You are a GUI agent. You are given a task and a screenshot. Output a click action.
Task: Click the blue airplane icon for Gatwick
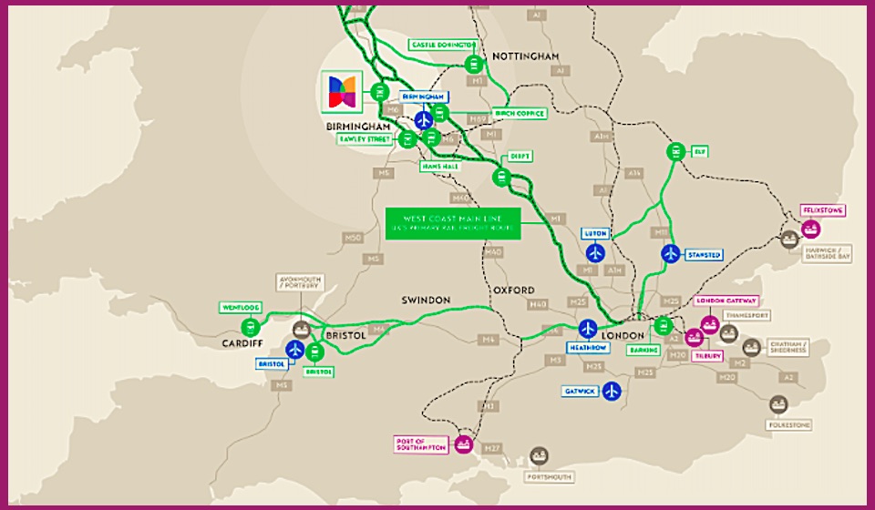point(612,392)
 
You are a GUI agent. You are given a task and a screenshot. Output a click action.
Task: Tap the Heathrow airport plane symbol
point(588,329)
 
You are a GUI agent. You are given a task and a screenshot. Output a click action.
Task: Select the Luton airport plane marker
point(595,252)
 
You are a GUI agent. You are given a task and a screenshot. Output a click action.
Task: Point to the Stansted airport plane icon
point(670,253)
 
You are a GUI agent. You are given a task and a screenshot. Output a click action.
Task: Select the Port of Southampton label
point(421,444)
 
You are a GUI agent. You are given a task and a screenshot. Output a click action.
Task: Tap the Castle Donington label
point(443,45)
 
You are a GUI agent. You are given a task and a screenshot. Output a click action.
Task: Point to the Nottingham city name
point(525,56)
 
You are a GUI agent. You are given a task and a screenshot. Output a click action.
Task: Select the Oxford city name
point(514,290)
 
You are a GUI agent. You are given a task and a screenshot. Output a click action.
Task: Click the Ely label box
point(700,151)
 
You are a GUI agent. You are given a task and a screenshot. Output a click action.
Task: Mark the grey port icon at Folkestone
point(777,403)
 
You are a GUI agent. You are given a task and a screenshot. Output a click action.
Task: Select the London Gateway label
point(726,301)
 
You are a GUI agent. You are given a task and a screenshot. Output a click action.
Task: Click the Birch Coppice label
point(520,114)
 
